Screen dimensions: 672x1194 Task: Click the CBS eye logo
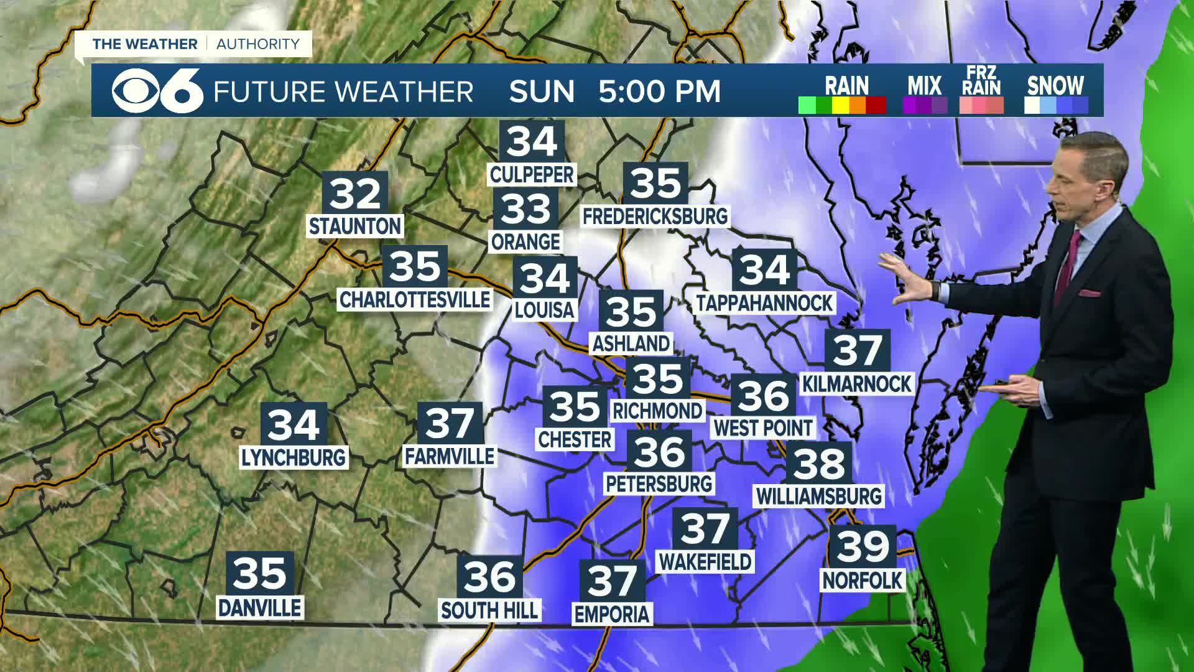click(132, 91)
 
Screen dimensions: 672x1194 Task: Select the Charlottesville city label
click(415, 299)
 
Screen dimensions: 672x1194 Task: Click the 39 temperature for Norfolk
click(863, 546)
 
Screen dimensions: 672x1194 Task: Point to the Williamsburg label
click(819, 496)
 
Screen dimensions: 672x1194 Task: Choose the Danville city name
click(260, 607)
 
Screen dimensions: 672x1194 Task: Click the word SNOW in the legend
click(1055, 85)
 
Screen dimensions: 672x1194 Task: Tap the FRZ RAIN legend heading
click(981, 82)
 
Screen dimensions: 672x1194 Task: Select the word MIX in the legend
click(924, 85)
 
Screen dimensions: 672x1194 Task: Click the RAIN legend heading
click(846, 85)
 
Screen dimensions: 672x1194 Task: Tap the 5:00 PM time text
click(659, 91)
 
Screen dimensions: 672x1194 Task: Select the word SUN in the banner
click(542, 91)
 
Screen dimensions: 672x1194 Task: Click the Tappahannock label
click(764, 303)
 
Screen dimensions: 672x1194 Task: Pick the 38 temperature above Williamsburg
click(819, 463)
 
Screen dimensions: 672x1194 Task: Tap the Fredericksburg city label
click(655, 216)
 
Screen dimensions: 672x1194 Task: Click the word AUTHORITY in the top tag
click(258, 44)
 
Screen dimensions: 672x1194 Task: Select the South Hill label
click(489, 610)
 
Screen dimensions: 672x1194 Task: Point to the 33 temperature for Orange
click(526, 209)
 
